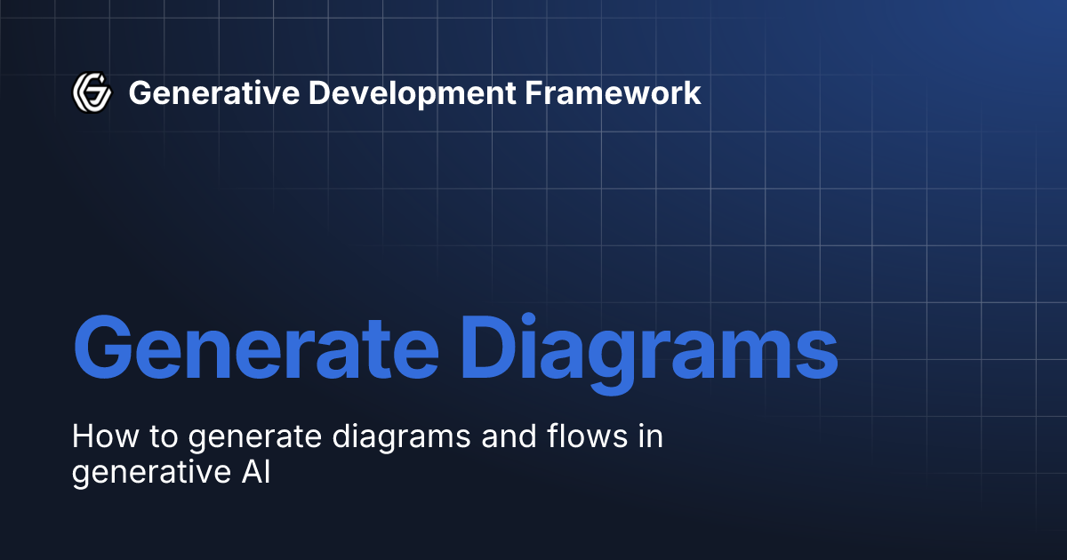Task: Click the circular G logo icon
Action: [91, 92]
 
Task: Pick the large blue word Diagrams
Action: [650, 347]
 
